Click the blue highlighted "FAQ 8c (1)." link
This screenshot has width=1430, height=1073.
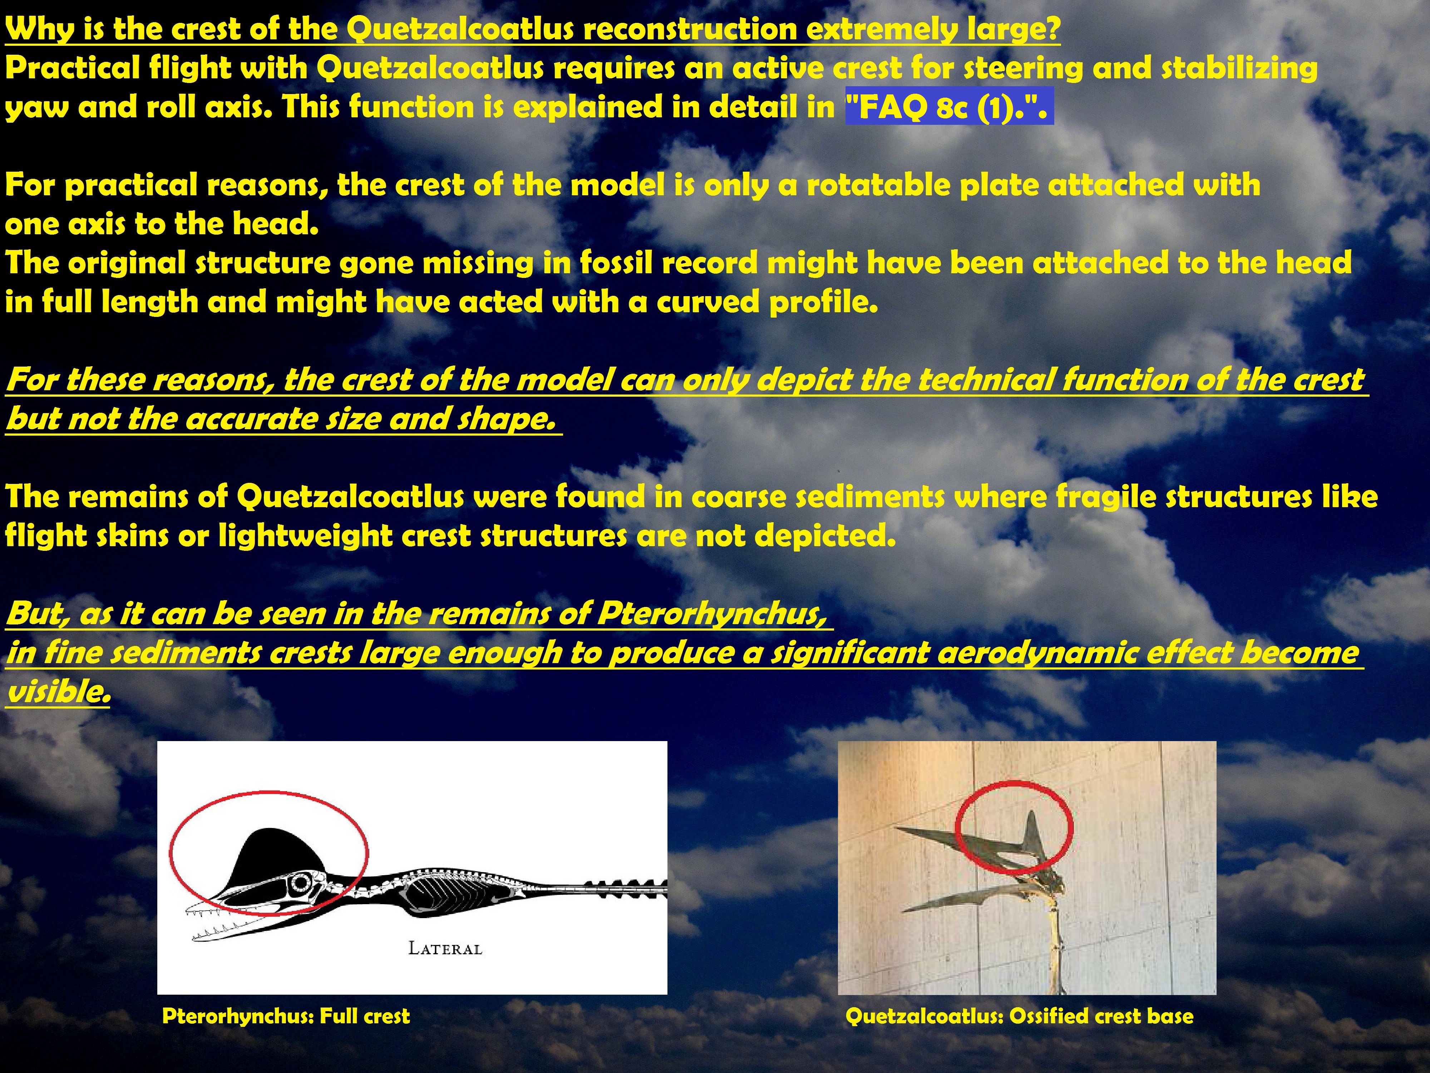coord(949,106)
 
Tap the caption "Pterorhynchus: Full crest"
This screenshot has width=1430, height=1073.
coord(286,1016)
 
